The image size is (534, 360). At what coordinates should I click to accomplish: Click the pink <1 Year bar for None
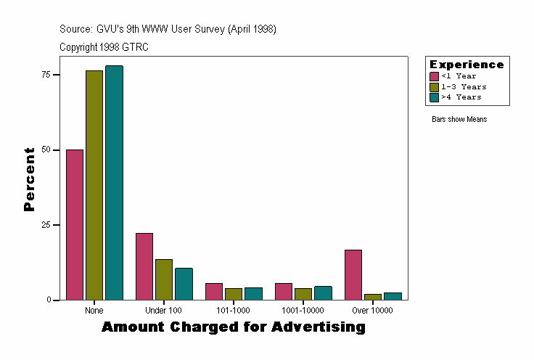[x=75, y=224]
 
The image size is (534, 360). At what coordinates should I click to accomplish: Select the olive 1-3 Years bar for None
[x=94, y=185]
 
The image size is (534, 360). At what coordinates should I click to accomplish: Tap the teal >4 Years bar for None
[x=114, y=182]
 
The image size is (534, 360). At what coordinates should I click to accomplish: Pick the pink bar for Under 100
[x=144, y=266]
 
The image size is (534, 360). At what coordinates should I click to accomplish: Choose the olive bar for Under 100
[x=164, y=279]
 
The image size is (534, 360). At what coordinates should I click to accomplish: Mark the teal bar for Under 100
[x=184, y=284]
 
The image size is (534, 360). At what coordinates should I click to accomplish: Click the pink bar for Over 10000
[x=353, y=274]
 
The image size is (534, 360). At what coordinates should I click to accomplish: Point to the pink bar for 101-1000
[x=214, y=291]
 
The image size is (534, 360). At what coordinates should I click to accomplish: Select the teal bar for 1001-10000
[x=323, y=292]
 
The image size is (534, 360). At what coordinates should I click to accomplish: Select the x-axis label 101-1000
[x=233, y=311]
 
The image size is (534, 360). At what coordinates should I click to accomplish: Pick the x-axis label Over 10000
[x=372, y=311]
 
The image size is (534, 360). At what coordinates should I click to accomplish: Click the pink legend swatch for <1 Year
[x=434, y=76]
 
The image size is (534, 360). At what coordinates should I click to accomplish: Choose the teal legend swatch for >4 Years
[x=434, y=97]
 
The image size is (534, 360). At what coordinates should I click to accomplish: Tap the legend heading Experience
[x=466, y=65]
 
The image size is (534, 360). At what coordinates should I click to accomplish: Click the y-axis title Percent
[x=29, y=179]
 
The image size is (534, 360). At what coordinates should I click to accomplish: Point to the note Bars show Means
[x=459, y=119]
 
